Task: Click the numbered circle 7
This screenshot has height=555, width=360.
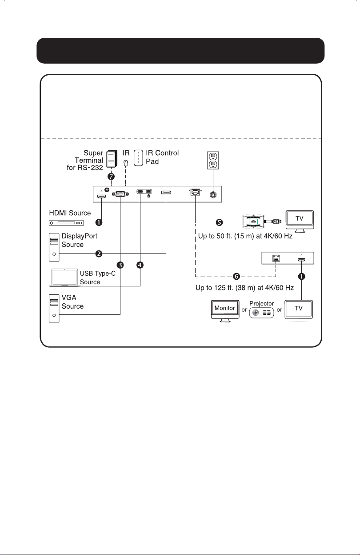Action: (111, 177)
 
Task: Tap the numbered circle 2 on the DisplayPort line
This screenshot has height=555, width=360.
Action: (99, 254)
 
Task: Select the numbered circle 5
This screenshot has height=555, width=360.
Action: (220, 222)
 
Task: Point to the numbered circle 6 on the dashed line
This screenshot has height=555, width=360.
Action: (236, 276)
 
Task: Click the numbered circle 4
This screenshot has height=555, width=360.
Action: (140, 265)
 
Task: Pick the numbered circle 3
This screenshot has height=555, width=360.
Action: (120, 265)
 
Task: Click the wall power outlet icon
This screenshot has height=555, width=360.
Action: (213, 160)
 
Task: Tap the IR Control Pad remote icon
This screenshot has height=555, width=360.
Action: (138, 158)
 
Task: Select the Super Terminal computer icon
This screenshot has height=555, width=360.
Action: (112, 159)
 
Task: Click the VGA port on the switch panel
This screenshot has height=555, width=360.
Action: (120, 194)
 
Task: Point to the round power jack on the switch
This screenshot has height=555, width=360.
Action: (212, 195)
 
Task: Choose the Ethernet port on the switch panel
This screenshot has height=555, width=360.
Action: (196, 192)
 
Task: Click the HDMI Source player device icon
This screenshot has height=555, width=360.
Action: (66, 223)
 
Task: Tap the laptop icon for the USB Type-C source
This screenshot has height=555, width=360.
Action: (64, 278)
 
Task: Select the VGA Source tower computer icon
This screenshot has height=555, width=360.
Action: (54, 309)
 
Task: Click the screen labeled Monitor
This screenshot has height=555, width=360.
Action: (225, 311)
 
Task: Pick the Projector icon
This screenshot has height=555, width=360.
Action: (261, 313)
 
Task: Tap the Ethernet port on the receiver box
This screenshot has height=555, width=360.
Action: (276, 258)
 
